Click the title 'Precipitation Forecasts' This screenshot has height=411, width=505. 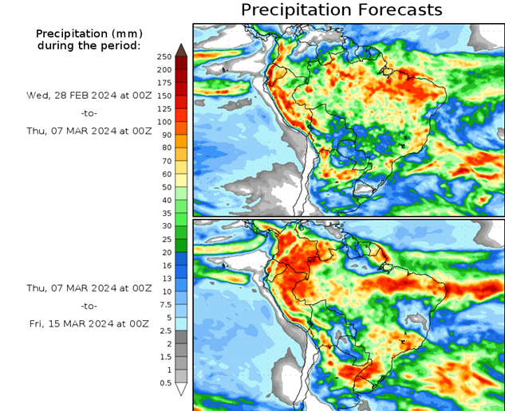click(341, 10)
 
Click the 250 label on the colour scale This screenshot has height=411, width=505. click(165, 57)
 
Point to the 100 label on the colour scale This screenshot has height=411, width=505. click(165, 122)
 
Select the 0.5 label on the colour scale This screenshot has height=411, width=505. click(165, 383)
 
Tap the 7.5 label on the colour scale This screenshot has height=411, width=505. click(165, 304)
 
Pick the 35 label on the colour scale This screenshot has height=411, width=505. click(165, 213)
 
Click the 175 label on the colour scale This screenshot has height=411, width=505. click(165, 83)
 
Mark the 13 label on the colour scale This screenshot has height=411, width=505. click(165, 279)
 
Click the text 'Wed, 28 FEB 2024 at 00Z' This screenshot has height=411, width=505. click(89, 95)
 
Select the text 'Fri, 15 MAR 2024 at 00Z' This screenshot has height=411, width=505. click(89, 323)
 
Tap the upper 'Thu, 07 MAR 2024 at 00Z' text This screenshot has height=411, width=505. click(89, 131)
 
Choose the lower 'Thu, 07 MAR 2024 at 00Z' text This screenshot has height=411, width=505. click(89, 288)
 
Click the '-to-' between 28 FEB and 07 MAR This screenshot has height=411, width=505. click(89, 113)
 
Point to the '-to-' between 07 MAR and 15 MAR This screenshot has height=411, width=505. click(89, 306)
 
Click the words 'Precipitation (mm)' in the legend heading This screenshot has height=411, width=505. click(89, 33)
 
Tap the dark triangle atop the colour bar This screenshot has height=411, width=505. click(181, 49)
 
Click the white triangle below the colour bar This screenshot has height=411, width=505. click(181, 389)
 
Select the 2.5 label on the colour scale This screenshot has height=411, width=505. click(165, 331)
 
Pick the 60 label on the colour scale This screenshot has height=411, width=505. click(165, 174)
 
